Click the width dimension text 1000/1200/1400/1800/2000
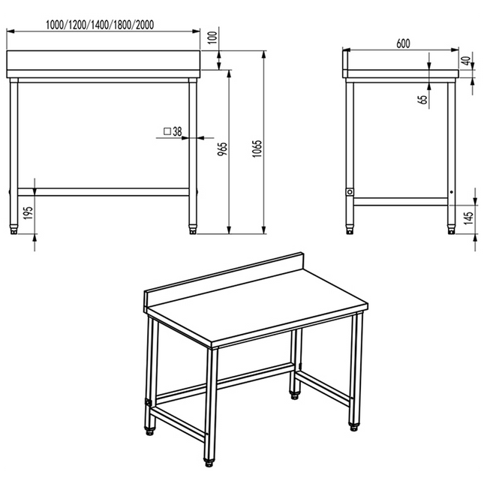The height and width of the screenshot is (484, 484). click(x=100, y=25)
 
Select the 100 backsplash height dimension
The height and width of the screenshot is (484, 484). click(x=212, y=38)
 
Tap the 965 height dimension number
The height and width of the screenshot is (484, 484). click(x=222, y=149)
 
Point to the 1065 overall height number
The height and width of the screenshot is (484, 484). click(x=257, y=149)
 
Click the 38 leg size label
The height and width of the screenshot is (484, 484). click(x=177, y=131)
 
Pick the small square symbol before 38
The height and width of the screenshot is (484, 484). click(x=167, y=131)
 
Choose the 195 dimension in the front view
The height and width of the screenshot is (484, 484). click(x=29, y=213)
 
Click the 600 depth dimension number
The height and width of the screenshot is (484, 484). click(x=404, y=44)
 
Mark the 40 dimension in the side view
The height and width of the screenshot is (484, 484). click(x=467, y=61)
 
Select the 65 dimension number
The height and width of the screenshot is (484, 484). click(x=423, y=99)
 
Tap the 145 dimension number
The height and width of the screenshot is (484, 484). click(x=468, y=218)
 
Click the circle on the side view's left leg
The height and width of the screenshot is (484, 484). click(x=350, y=192)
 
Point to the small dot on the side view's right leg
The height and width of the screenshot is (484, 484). click(x=451, y=192)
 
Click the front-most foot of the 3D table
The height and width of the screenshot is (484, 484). click(x=209, y=461)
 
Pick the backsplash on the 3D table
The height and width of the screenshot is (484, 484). click(x=223, y=281)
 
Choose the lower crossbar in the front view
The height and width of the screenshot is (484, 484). click(x=104, y=192)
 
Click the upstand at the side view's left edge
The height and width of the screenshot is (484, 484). click(x=345, y=63)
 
